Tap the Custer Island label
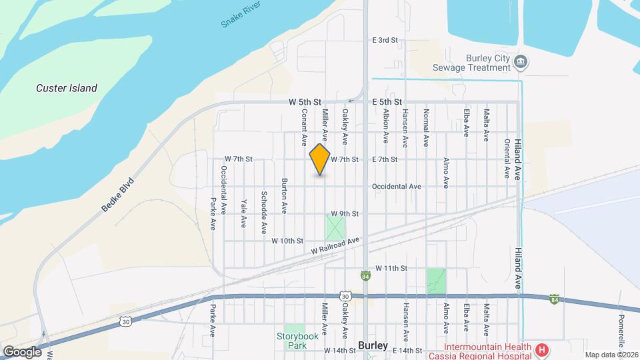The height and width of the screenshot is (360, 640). pos(67,88)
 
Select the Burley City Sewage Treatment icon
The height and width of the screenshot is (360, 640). pos(522,63)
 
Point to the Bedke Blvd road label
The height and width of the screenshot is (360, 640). pos(118,195)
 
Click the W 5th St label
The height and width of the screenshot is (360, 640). pos(305,102)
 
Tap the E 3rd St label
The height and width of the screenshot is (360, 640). pos(385,41)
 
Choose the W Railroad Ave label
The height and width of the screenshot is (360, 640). pos(335,246)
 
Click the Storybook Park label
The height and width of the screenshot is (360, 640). pos(295,341)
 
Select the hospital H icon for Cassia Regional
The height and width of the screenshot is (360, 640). pos(543,349)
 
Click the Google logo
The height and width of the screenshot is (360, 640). pos(22,352)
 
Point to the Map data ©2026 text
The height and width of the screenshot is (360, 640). pos(611,355)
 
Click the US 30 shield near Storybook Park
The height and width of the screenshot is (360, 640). pos(345,295)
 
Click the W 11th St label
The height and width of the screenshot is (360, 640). pos(391,268)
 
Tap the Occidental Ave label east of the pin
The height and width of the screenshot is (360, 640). pos(397,187)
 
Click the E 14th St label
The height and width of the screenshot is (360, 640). pos(408,351)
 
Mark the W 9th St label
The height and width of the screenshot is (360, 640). pos(345,214)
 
